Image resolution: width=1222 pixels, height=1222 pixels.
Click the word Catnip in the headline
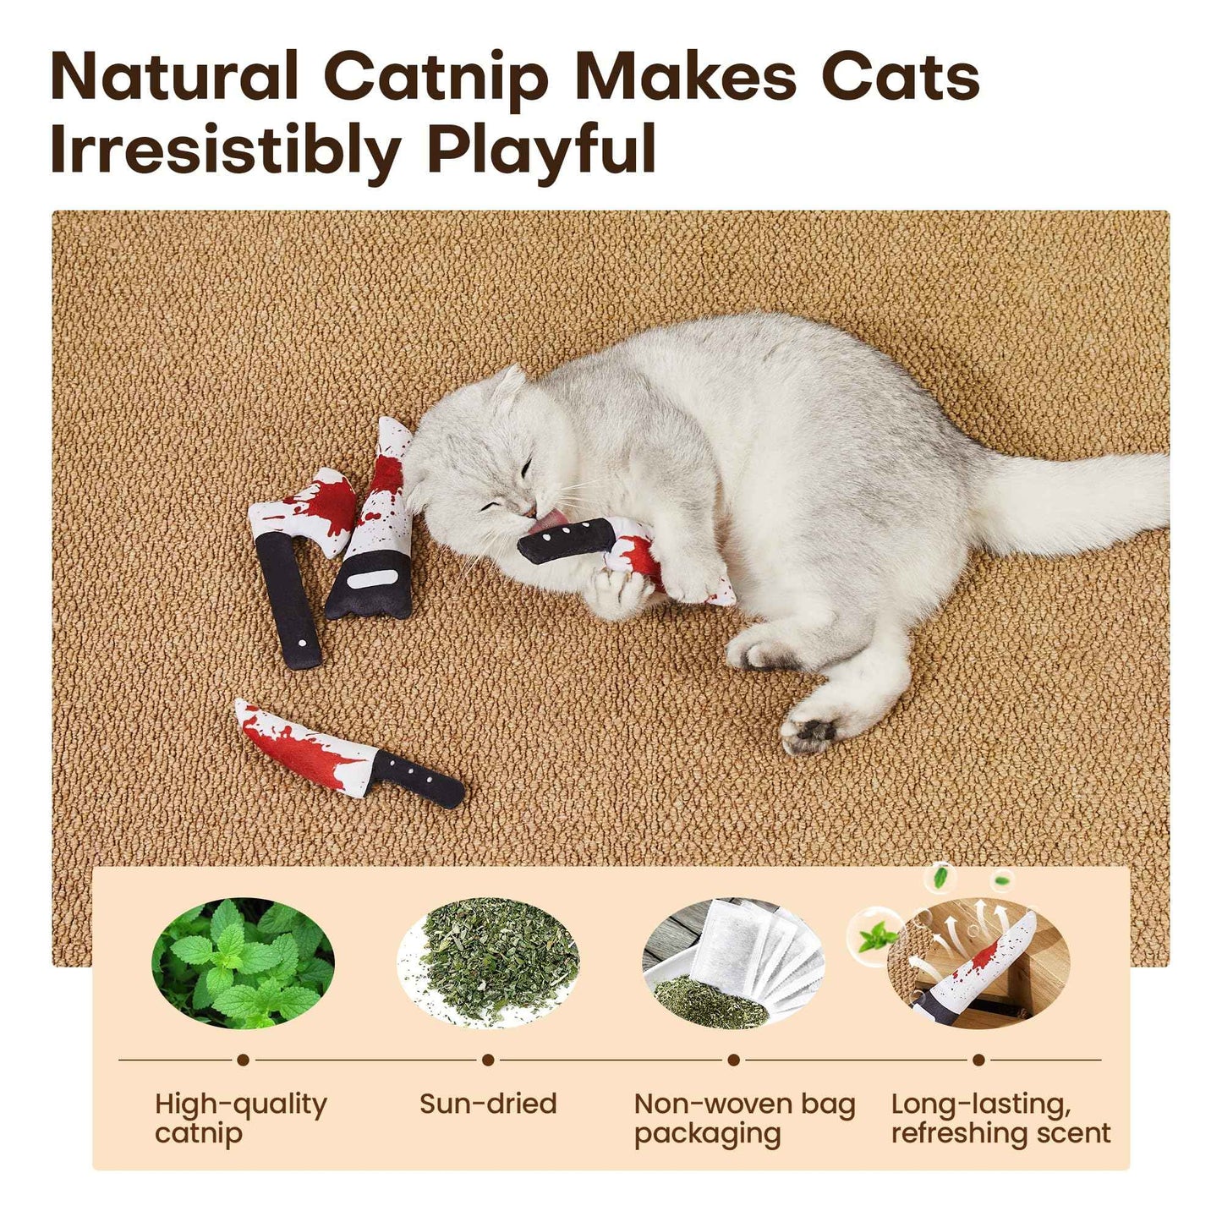click(x=436, y=78)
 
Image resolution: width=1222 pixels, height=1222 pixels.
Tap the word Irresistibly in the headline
click(x=225, y=151)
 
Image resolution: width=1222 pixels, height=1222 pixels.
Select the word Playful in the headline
click(x=541, y=151)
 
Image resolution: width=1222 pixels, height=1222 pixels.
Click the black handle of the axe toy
click(x=288, y=600)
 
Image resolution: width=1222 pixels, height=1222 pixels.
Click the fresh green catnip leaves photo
click(x=243, y=963)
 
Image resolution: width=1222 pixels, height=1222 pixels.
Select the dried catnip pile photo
click(x=488, y=963)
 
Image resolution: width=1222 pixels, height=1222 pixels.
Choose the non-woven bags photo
click(x=733, y=963)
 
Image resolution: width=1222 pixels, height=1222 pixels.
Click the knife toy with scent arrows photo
click(x=978, y=963)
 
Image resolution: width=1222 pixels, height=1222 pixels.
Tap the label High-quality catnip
click(x=240, y=1118)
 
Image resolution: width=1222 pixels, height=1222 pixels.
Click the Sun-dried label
click(x=488, y=1104)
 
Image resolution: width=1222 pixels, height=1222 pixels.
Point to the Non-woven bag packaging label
click(x=744, y=1118)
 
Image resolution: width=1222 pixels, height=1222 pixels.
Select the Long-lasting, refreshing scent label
click(x=1000, y=1118)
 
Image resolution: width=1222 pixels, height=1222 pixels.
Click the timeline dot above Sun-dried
click(x=488, y=1060)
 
